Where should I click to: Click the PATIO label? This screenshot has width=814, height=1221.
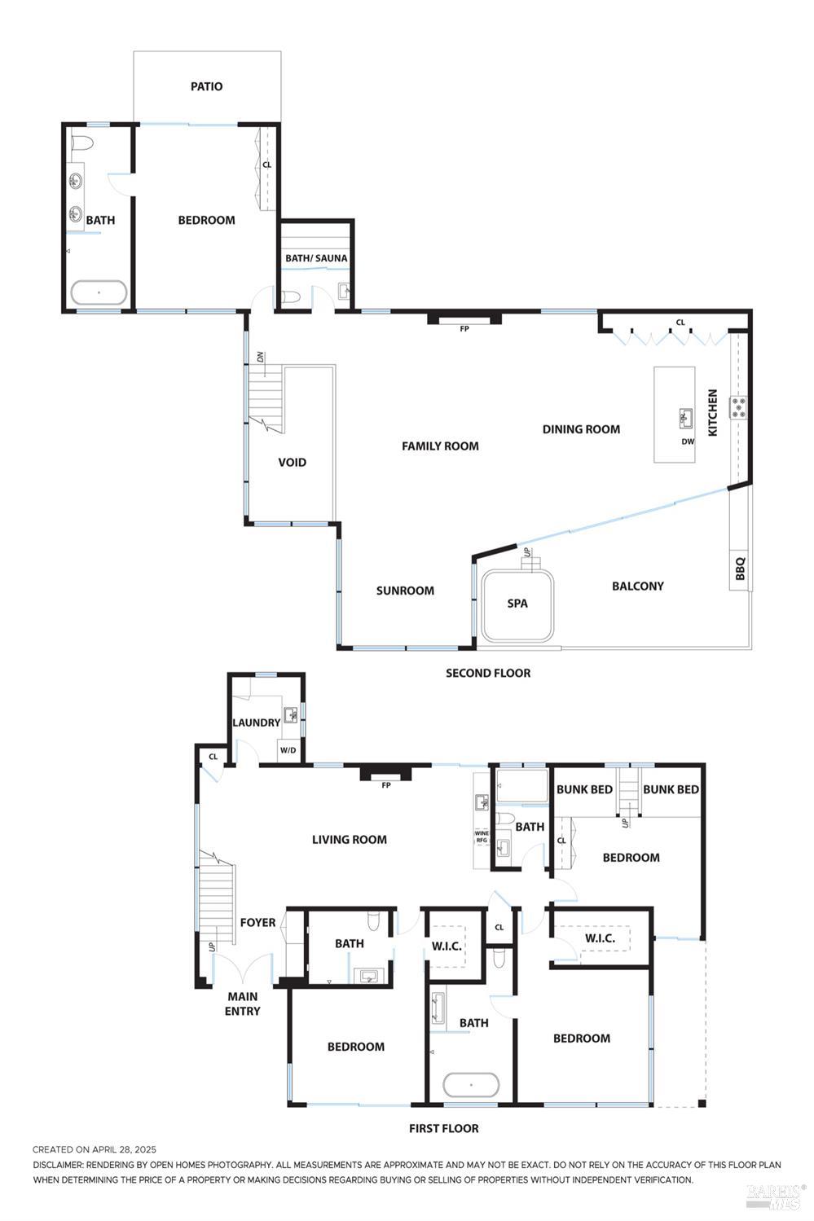[206, 86]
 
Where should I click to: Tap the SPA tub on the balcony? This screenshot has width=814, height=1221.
[517, 604]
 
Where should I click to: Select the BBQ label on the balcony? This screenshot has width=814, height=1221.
[740, 569]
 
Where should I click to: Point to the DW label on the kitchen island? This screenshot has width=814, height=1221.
[688, 441]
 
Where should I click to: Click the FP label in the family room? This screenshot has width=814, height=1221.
[464, 329]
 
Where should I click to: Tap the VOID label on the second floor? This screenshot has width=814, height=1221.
[293, 462]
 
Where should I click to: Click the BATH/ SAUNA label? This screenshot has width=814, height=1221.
[316, 258]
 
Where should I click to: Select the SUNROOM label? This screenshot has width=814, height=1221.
[405, 591]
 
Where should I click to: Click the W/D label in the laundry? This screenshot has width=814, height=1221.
[288, 750]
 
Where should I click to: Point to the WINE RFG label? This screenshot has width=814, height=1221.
[482, 837]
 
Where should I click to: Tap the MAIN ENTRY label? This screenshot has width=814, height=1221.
[243, 1004]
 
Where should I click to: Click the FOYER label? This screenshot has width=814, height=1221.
[257, 922]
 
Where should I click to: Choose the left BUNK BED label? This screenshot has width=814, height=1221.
[584, 789]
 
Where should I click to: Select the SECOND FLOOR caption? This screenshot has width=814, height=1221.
[488, 673]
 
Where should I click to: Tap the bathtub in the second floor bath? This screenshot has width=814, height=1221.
[99, 292]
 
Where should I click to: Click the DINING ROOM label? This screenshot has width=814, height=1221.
[581, 429]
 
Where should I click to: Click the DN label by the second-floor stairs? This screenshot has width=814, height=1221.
[261, 357]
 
